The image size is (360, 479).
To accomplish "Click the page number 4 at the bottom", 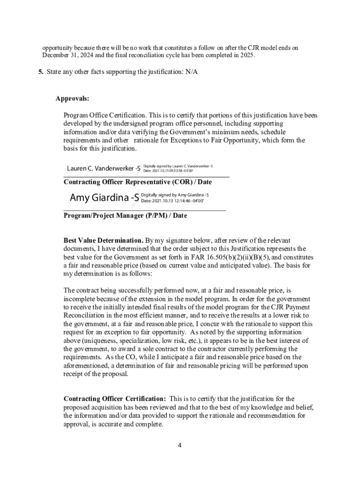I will (x=180, y=445).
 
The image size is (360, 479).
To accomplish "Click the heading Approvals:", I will (x=72, y=99).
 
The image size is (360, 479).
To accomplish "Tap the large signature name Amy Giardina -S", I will (x=104, y=198).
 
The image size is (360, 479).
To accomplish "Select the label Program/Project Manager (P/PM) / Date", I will (x=125, y=216).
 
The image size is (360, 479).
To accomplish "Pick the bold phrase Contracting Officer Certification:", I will (x=115, y=399).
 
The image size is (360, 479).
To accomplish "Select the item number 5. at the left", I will (x=41, y=73).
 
